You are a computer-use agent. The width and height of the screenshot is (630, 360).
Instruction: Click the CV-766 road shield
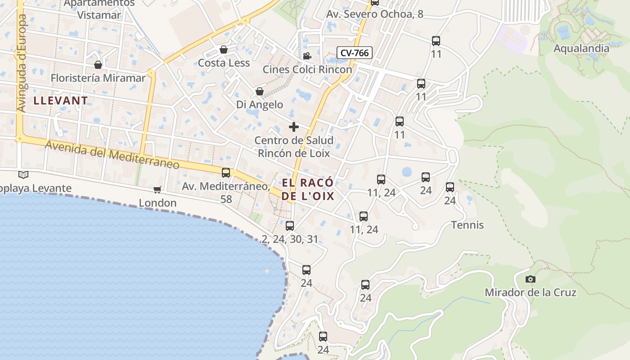pyautogui.click(x=355, y=53)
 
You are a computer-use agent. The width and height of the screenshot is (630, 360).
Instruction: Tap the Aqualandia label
pyautogui.click(x=581, y=49)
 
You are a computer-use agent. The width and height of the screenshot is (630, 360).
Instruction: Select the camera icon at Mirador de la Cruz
pyautogui.click(x=531, y=279)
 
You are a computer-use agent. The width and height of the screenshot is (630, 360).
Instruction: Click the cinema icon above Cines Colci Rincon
pyautogui.click(x=307, y=56)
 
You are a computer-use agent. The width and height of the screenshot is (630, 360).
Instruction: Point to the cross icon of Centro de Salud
pyautogui.click(x=294, y=127)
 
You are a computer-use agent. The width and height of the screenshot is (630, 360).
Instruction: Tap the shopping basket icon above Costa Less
pyautogui.click(x=224, y=49)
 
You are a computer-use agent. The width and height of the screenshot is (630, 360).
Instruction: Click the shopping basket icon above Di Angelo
pyautogui.click(x=260, y=91)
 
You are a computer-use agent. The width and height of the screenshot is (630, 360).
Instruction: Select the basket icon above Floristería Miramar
pyautogui.click(x=98, y=65)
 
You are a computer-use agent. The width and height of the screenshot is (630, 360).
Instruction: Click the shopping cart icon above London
pyautogui.click(x=157, y=190)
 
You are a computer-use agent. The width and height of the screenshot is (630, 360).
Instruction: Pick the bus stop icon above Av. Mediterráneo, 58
pyautogui.click(x=226, y=172)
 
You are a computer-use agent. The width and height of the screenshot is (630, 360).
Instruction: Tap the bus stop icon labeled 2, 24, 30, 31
pyautogui.click(x=290, y=226)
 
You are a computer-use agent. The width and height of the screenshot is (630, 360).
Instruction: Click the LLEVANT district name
pyautogui.click(x=61, y=101)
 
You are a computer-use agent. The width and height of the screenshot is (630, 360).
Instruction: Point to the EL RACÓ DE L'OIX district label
pyautogui.click(x=308, y=189)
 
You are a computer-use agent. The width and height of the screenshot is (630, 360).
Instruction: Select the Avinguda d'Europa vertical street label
pyautogui.click(x=22, y=63)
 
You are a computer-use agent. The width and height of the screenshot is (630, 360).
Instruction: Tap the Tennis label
pyautogui.click(x=468, y=225)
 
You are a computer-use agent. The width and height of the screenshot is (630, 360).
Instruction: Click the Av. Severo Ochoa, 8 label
pyautogui.click(x=375, y=14)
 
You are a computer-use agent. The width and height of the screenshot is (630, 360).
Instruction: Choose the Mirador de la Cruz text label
pyautogui.click(x=531, y=292)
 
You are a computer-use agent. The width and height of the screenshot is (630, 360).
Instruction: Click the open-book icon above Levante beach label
pyautogui.click(x=23, y=175)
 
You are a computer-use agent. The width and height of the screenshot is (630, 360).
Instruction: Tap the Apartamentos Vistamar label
pyautogui.click(x=99, y=9)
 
